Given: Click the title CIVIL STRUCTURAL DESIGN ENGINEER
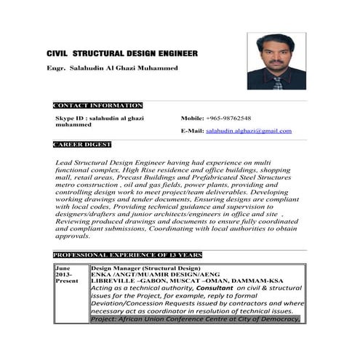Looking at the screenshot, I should coord(122,54).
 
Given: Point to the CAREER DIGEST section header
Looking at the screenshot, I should coord(81,144).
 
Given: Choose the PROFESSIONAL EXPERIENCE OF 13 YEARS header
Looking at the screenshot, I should coord(127,255).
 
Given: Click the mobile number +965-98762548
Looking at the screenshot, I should coord(228,118).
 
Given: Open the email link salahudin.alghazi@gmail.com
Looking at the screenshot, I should coord(249,131).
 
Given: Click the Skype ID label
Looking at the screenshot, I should coord(73,118).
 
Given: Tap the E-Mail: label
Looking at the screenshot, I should coord(193,131).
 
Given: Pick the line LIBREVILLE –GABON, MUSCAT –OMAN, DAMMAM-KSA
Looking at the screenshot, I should coord(187,282).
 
